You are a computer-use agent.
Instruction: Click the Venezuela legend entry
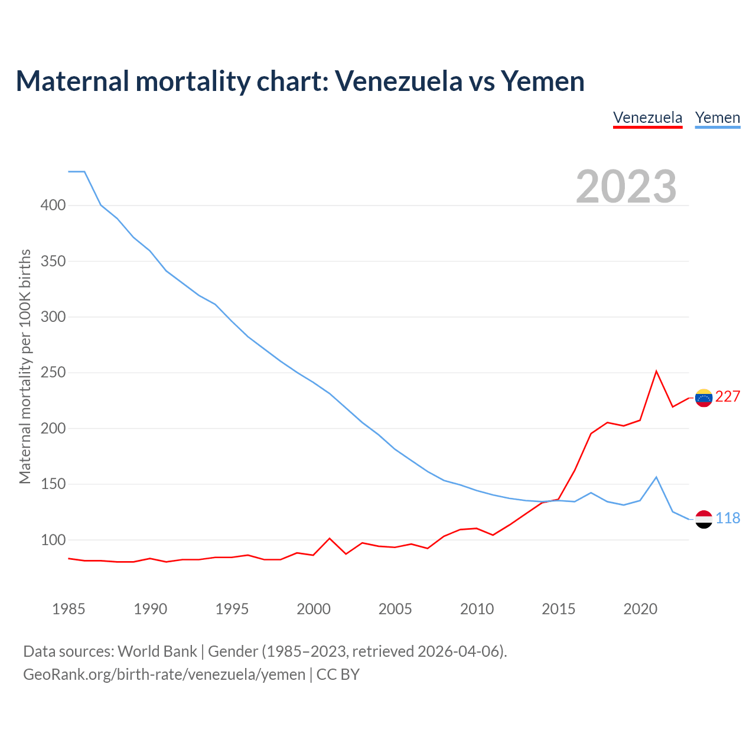[x=647, y=118]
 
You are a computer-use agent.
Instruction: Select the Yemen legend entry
[x=717, y=118]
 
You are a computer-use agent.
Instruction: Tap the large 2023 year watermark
[x=626, y=187]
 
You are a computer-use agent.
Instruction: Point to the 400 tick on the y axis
[x=53, y=206]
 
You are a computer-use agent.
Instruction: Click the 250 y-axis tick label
[x=53, y=373]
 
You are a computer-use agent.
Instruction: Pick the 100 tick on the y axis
[x=53, y=540]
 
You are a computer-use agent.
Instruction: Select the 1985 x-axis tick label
[x=69, y=609]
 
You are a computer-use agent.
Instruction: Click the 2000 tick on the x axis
[x=314, y=609]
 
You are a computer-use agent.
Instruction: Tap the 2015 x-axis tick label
[x=558, y=609]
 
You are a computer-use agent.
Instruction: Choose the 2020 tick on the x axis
[x=640, y=609]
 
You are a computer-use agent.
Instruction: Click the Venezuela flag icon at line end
[x=703, y=398]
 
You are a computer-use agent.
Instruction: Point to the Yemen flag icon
[x=703, y=519]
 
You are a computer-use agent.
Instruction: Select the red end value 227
[x=728, y=397]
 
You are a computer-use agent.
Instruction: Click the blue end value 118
[x=728, y=519]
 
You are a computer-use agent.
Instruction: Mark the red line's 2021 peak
[x=656, y=372]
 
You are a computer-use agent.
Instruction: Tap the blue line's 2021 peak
[x=656, y=477]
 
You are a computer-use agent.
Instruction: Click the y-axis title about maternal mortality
[x=25, y=367]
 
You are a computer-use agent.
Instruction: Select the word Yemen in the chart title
[x=543, y=81]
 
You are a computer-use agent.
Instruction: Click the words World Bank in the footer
[x=157, y=651]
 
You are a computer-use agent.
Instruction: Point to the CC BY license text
[x=338, y=674]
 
